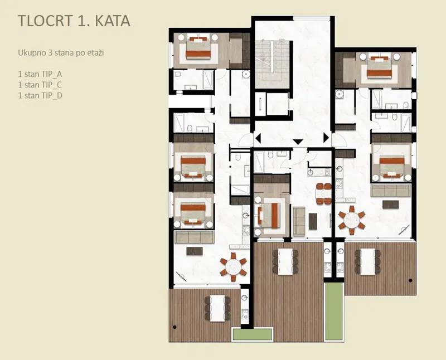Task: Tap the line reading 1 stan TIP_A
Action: [40, 74]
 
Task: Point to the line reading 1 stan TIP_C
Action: [40, 85]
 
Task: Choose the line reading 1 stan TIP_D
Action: [40, 95]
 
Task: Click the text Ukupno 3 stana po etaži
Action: [61, 53]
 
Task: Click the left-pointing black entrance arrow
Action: [258, 139]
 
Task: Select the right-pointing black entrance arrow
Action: [326, 138]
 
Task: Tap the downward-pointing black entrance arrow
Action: [298, 142]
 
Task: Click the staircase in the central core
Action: [272, 65]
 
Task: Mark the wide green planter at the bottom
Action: [253, 334]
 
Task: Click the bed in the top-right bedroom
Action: [380, 66]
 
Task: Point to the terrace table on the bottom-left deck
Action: [218, 308]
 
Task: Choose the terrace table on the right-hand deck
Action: [367, 261]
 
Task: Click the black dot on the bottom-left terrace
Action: [174, 327]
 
